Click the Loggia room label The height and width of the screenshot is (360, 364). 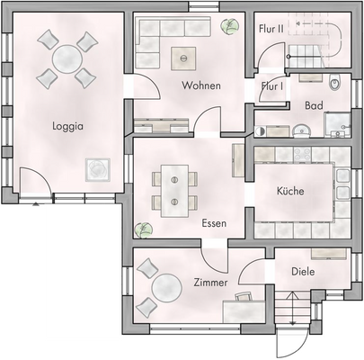coord(67,127)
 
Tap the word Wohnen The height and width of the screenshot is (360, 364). coord(200,85)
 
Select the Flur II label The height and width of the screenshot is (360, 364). coord(271,28)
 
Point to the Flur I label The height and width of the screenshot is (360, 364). coord(271,86)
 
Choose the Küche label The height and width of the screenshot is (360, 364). coord(289,191)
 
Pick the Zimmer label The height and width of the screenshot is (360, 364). coord(211,283)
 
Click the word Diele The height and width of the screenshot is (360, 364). coord(302,271)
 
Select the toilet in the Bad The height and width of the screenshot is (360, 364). coord(335,85)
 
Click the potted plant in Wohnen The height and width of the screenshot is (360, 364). coord(232,26)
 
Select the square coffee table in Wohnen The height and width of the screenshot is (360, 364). coord(184,58)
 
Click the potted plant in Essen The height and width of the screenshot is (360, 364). coord(140,229)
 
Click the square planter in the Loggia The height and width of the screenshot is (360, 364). coord(95,168)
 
